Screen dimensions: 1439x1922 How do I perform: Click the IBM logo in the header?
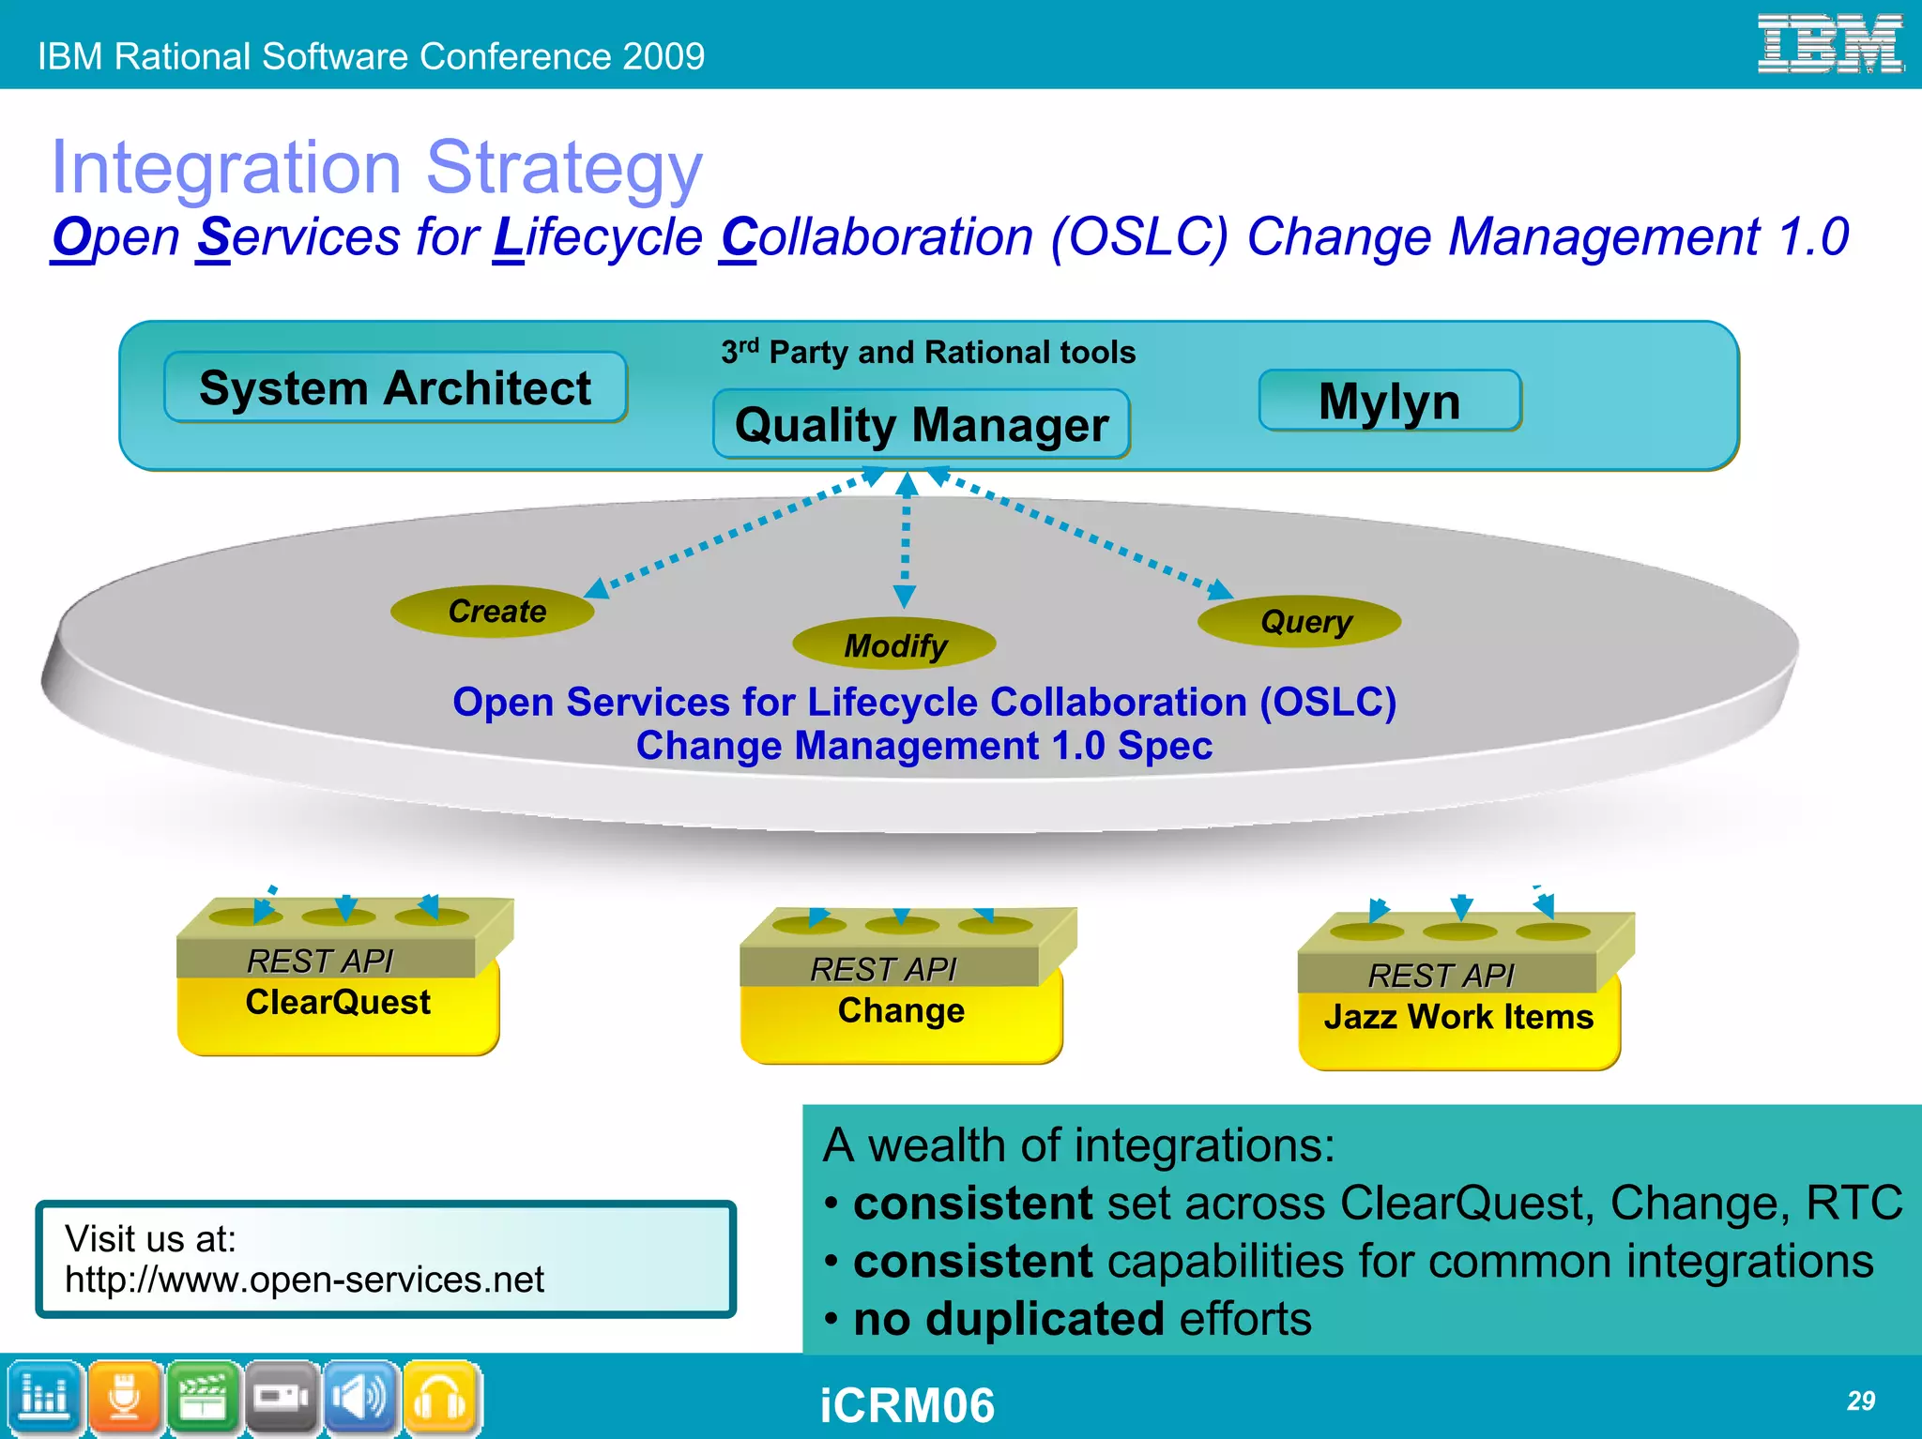coord(1829,44)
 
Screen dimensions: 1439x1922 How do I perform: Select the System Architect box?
coord(395,387)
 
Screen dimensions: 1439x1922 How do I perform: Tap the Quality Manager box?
coord(922,425)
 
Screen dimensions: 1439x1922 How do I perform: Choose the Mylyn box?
coord(1389,401)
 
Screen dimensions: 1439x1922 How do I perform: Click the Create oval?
coord(494,612)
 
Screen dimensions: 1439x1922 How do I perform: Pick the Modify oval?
coord(894,644)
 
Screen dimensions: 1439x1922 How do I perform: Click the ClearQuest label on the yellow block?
coord(338,1002)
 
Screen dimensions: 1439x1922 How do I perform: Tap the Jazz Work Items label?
coord(1458,1017)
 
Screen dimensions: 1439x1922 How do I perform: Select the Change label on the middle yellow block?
coord(901,1010)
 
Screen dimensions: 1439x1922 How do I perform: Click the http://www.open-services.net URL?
coord(304,1280)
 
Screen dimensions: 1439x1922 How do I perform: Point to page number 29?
coord(1860,1401)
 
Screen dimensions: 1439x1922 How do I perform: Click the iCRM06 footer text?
coord(907,1405)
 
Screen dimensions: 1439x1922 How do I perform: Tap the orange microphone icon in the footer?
coord(124,1398)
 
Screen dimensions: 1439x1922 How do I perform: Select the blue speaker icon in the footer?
coord(359,1398)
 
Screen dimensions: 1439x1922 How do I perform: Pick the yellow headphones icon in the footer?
coord(439,1398)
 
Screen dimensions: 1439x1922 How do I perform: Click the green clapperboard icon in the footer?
coord(203,1398)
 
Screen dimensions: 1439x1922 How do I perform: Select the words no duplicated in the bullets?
coord(1008,1318)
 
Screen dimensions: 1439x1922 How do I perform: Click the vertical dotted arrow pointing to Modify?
coord(906,544)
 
